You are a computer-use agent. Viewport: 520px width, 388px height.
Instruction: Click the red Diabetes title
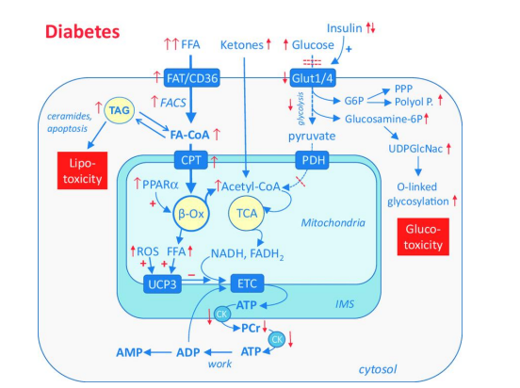click(82, 32)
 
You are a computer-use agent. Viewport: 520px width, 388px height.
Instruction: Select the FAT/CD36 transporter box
click(191, 78)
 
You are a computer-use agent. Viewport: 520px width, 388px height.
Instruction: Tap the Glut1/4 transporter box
click(313, 78)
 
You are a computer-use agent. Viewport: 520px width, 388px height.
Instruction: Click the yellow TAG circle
click(120, 110)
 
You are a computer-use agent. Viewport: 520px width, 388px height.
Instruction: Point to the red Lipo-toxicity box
click(82, 170)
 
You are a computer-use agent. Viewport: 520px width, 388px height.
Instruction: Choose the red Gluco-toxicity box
click(423, 236)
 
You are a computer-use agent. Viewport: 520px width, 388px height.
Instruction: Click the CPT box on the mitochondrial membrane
click(191, 160)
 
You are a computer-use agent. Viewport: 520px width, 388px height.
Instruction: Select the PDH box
click(313, 160)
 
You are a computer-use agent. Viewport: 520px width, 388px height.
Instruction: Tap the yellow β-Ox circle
click(190, 214)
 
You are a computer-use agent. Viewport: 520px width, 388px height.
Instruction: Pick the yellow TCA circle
click(247, 213)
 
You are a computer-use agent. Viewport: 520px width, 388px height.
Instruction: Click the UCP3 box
click(162, 284)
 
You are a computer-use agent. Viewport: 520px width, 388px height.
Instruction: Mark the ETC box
click(247, 283)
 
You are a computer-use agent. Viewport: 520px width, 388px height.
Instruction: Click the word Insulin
click(344, 28)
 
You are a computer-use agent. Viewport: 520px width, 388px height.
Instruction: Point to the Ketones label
click(242, 45)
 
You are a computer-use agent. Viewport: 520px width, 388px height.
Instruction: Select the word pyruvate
click(312, 137)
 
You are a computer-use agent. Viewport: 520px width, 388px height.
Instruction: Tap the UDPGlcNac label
click(415, 149)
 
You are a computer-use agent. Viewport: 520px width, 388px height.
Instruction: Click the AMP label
click(129, 352)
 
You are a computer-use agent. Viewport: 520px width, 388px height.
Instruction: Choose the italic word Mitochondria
click(333, 222)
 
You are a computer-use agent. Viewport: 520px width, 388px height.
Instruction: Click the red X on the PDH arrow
click(301, 181)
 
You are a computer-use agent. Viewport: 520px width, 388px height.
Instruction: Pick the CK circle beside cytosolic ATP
click(277, 339)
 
